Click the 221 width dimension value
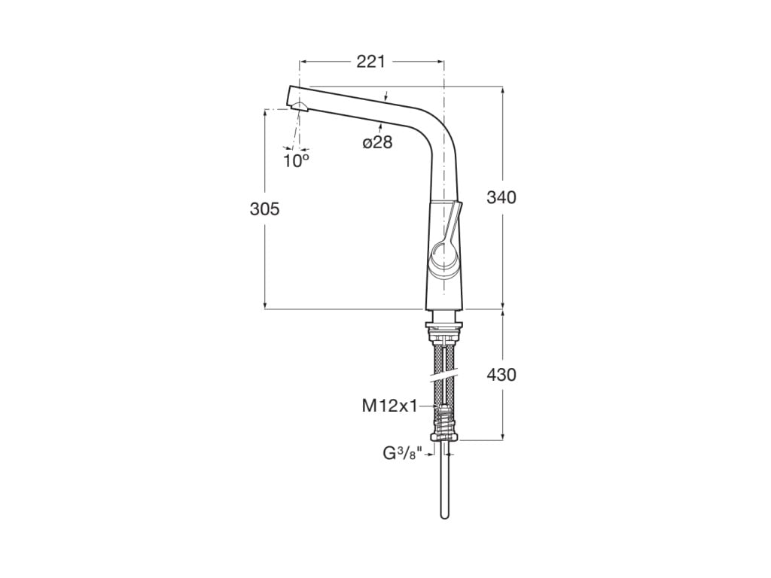pos(370,62)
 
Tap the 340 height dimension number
pos(501,198)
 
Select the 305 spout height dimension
pos(264,209)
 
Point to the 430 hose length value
pos(501,375)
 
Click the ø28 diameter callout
pos(378,142)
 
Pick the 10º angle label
pos(296,160)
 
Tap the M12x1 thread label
pos(390,406)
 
